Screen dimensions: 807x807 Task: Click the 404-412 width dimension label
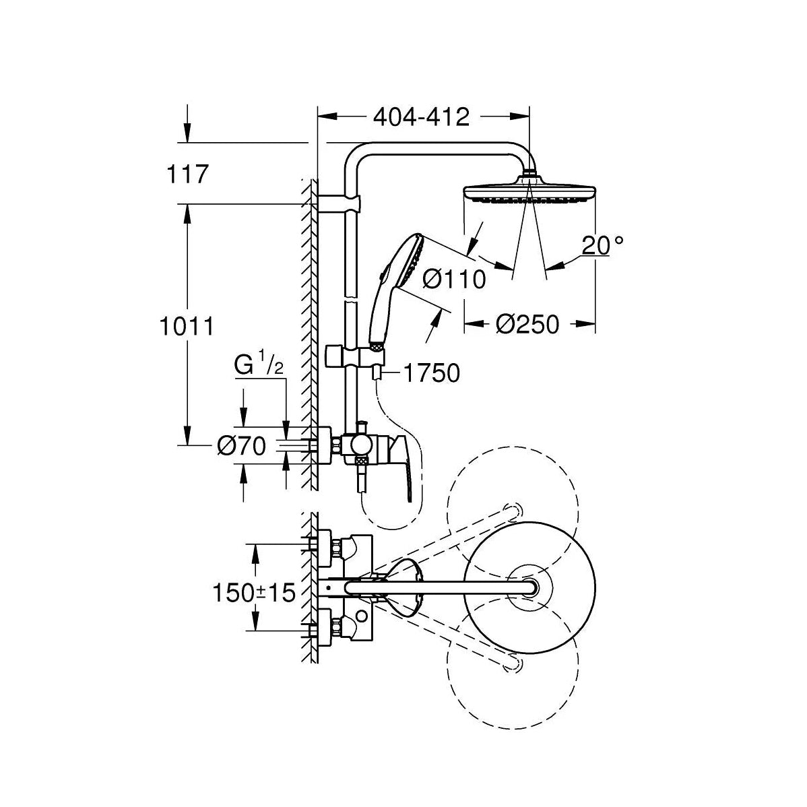(421, 117)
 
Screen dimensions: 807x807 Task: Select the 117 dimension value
(187, 174)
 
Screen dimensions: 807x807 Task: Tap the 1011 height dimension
(187, 326)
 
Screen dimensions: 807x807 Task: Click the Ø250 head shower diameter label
(527, 324)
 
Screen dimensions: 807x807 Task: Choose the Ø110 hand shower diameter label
(455, 280)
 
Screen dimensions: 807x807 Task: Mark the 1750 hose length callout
(432, 373)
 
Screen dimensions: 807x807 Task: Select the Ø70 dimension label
(241, 446)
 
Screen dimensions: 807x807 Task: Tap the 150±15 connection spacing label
(254, 593)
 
